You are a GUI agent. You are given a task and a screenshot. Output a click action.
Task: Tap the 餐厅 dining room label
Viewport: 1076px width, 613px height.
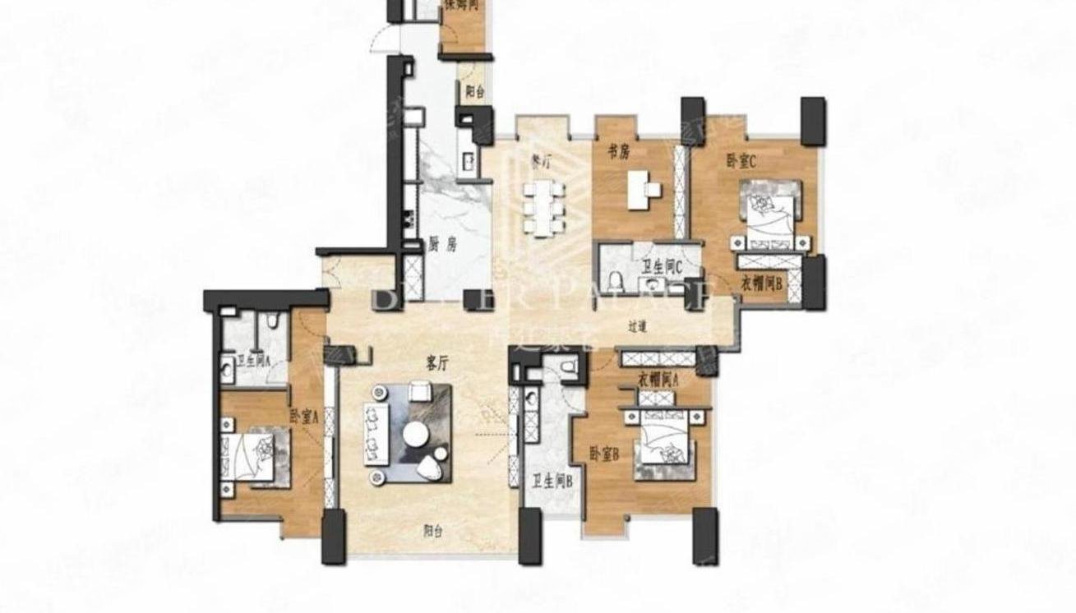pos(540,162)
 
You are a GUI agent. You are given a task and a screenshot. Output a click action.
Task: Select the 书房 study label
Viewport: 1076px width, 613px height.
pos(619,150)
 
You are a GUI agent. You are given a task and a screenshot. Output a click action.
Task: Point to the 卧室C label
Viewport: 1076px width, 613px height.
pos(741,161)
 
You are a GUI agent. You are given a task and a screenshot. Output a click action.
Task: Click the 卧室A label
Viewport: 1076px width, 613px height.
pos(303,417)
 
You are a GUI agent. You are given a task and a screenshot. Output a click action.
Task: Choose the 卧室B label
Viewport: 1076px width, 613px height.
pos(604,453)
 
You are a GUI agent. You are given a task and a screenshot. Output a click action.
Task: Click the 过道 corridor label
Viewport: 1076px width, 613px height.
pos(638,326)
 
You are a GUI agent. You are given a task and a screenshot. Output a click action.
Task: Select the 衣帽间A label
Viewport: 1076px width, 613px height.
pos(658,379)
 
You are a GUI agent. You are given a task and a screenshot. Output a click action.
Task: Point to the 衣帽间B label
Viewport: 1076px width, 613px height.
pos(760,284)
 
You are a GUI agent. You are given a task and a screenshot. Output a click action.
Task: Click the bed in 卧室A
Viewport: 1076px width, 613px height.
pos(254,457)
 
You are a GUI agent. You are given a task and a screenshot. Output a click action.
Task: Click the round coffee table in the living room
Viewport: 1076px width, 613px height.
pos(415,435)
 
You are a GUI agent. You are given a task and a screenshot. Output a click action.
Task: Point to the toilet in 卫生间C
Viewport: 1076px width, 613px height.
pos(614,282)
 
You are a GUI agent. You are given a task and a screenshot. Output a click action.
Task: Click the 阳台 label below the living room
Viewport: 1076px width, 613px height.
pos(433,532)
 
